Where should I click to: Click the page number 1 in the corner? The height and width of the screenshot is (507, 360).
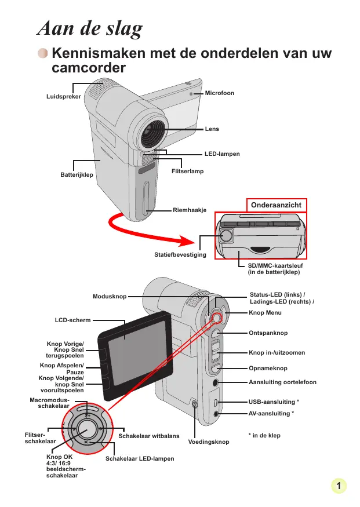coord(339,486)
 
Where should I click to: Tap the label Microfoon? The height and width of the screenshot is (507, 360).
coord(219,93)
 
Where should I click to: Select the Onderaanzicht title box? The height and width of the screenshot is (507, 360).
coord(276,205)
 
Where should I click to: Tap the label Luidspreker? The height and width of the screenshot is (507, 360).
coord(64,96)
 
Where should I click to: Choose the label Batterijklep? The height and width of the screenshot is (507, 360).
coord(77,174)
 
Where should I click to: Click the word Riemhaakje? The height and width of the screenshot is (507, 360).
coord(190,210)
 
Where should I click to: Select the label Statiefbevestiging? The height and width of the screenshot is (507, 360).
coord(180,255)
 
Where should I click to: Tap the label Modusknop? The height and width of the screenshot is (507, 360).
coord(110,297)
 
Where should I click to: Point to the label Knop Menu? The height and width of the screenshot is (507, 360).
coord(265,313)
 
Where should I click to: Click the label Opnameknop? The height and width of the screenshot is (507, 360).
coord(268,369)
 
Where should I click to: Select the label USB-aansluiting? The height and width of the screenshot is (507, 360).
coord(272,402)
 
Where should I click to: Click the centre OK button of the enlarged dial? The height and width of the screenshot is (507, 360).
coord(87,429)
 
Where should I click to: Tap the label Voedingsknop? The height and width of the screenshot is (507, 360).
coord(209,442)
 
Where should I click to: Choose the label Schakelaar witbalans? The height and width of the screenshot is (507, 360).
coord(149,436)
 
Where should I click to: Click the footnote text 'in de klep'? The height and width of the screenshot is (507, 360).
coord(266,436)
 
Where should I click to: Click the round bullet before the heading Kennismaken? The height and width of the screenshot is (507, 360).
coord(43,53)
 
